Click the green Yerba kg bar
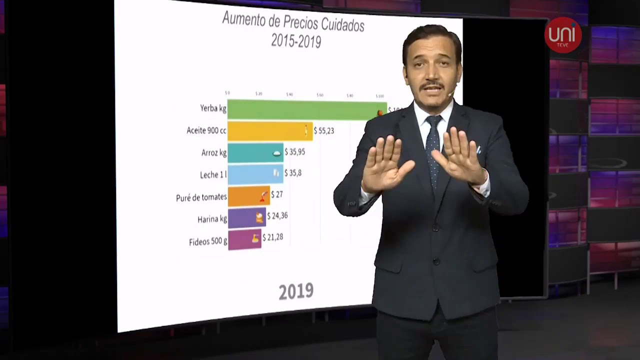point(300,109)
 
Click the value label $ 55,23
point(324,131)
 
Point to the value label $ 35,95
point(295,151)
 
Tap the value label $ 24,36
point(277,216)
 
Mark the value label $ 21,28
point(273,237)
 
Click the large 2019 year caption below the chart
point(296,291)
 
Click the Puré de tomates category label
point(201,197)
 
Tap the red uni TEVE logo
point(563,35)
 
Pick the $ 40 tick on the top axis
point(289,94)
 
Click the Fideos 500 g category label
point(208,242)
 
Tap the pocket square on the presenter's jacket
point(478,149)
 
